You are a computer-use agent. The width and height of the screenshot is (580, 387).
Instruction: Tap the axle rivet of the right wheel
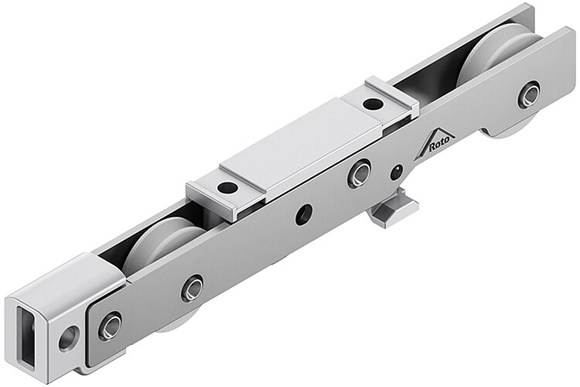pos(530,94)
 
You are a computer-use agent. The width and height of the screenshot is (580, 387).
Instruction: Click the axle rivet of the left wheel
pos(192,288)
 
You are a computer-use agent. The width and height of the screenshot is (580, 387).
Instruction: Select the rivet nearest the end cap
pos(109,326)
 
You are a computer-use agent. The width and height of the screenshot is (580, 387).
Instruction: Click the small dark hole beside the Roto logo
pos(397,172)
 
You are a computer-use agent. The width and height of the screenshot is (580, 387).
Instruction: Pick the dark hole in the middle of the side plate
pos(303,214)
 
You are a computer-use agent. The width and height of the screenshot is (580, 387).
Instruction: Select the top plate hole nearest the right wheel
pos(372,103)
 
